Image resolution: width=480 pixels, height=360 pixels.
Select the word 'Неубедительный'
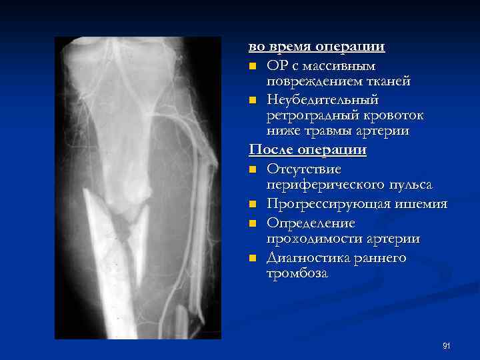[322, 99]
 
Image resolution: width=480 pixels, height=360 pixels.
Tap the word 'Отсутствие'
[303, 169]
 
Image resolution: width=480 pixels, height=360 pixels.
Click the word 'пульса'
[408, 185]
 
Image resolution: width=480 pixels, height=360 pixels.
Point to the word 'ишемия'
[421, 204]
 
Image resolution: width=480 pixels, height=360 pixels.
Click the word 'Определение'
[311, 223]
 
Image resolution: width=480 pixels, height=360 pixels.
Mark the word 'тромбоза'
[297, 273]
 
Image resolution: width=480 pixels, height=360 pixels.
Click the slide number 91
[447, 345]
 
